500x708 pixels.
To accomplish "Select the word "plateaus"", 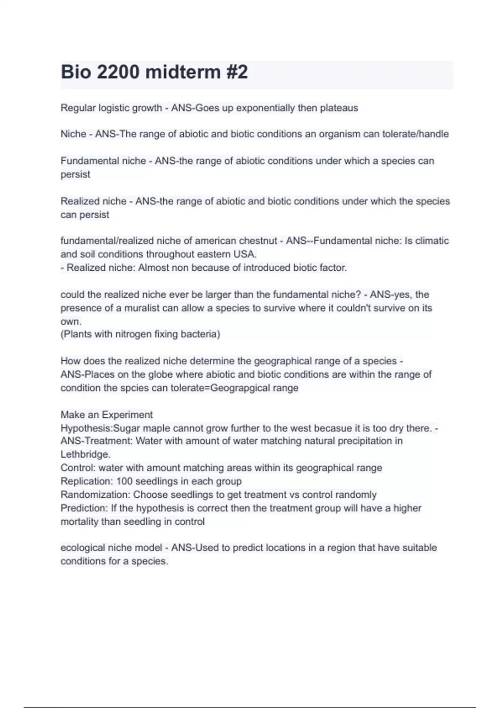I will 339,108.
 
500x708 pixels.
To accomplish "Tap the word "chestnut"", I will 258,241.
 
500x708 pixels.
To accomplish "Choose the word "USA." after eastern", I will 246,254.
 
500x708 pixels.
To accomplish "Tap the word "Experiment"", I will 127,415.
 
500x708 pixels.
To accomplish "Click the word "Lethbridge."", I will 85,454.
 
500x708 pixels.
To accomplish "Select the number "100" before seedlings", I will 124,481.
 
